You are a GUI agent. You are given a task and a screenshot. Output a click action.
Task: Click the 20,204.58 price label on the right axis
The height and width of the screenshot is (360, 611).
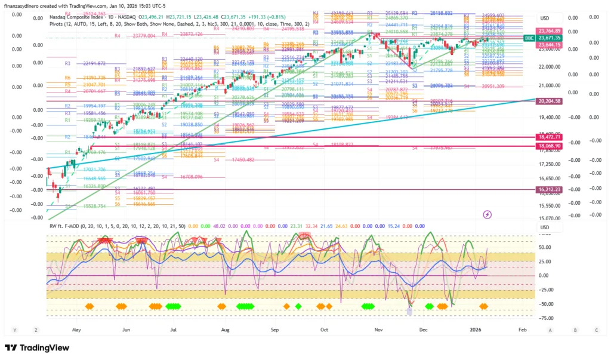click(550, 101)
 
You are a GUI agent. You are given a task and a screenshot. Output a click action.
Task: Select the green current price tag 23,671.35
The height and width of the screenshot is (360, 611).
click(550, 38)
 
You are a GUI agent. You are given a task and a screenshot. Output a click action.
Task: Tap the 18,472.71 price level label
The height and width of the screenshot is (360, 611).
click(550, 137)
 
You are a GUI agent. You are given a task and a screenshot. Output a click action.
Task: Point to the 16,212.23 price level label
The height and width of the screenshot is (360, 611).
click(550, 189)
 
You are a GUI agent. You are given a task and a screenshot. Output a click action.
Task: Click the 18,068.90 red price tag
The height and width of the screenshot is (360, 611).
click(550, 146)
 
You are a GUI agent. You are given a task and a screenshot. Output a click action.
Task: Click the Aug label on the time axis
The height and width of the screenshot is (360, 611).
click(225, 329)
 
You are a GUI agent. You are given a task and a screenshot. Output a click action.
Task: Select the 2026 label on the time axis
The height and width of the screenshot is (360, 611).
click(476, 329)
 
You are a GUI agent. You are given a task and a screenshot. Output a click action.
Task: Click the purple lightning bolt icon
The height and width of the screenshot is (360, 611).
click(487, 214)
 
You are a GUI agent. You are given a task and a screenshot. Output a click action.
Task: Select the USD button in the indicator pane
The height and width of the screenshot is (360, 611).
click(544, 227)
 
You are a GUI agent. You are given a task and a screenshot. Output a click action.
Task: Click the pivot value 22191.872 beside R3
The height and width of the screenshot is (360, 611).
click(94, 63)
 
